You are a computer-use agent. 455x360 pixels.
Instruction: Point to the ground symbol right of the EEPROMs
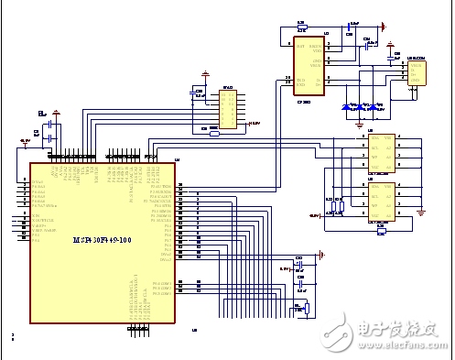click(x=420, y=212)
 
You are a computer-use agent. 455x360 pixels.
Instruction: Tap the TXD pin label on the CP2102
click(x=299, y=81)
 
